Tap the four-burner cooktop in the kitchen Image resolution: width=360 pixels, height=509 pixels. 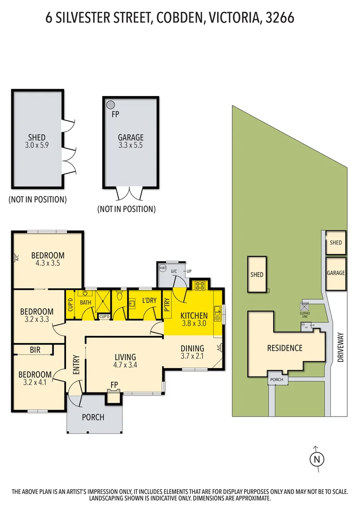(x=200, y=285)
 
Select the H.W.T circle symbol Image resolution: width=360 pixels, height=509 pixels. (x=163, y=269)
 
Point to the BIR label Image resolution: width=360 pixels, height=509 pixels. (x=35, y=350)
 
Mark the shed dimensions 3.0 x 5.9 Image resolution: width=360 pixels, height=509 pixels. (x=37, y=146)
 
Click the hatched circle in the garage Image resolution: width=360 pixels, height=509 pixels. (x=110, y=105)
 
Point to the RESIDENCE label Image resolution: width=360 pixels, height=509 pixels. (x=285, y=348)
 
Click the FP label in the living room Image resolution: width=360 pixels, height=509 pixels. (x=114, y=385)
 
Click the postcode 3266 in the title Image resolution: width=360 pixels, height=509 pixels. (x=279, y=18)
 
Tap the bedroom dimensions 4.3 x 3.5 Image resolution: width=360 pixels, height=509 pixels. (x=48, y=263)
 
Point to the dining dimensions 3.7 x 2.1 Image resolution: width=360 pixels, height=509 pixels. (x=192, y=357)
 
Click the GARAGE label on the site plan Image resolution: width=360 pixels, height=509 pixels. (x=336, y=273)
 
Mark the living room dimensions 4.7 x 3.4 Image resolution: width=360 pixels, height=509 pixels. (x=125, y=365)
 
